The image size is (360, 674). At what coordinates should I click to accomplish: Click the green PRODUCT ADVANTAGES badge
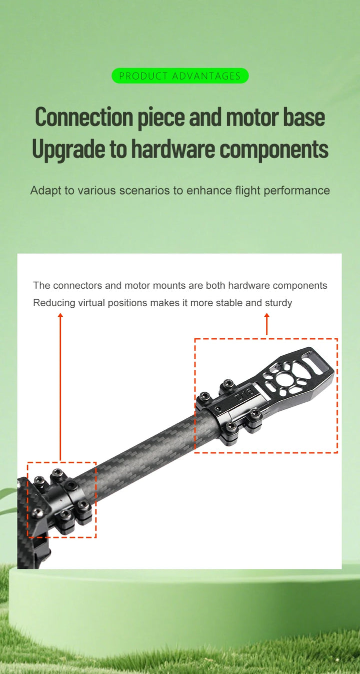[x=180, y=76]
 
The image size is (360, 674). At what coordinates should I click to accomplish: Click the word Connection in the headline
[x=84, y=118]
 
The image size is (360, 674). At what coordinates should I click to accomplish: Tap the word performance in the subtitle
[x=296, y=191]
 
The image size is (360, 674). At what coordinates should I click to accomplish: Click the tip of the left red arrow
[x=60, y=313]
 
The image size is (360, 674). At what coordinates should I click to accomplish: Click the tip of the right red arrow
[x=266, y=313]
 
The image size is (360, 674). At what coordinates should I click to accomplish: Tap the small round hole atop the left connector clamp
[x=71, y=484]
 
